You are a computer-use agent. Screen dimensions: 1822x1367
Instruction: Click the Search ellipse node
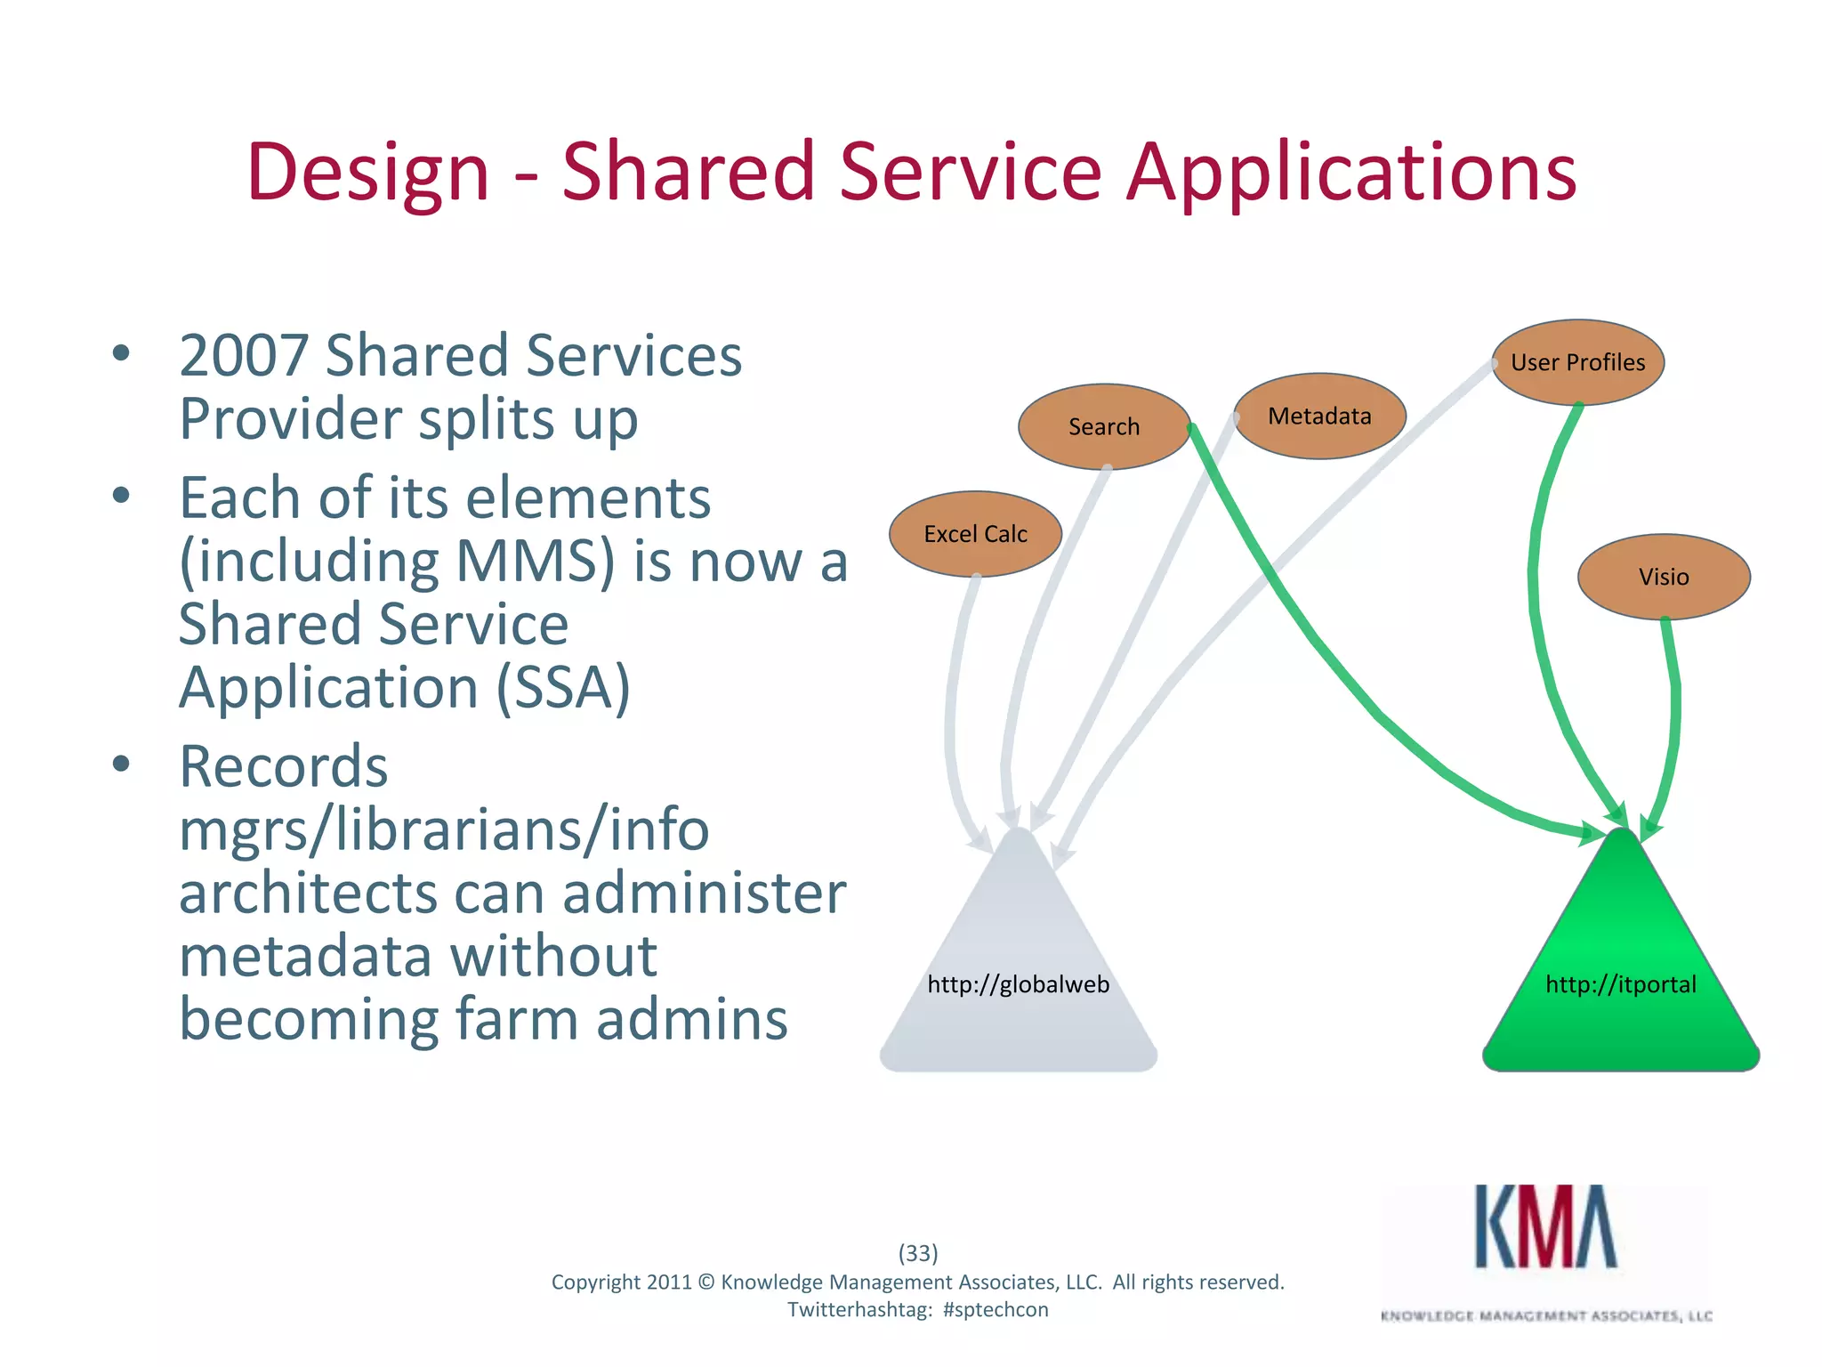pos(1103,426)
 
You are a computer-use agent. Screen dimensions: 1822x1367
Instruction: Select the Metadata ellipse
pos(1319,416)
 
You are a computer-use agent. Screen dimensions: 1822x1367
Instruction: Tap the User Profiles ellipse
pos(1577,362)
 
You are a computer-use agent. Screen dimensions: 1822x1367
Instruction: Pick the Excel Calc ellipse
pos(975,534)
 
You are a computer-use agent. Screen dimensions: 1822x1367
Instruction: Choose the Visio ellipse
pos(1664,577)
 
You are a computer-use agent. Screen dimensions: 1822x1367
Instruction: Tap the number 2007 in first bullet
pos(243,356)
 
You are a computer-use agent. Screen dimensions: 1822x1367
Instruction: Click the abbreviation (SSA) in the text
pos(562,687)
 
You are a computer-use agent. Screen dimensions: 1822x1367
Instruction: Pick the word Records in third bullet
pos(283,766)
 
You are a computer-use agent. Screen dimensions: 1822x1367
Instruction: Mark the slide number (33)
pos(917,1253)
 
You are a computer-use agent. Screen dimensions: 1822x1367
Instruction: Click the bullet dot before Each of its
pos(122,495)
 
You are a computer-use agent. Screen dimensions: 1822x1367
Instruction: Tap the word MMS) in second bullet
pos(535,562)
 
